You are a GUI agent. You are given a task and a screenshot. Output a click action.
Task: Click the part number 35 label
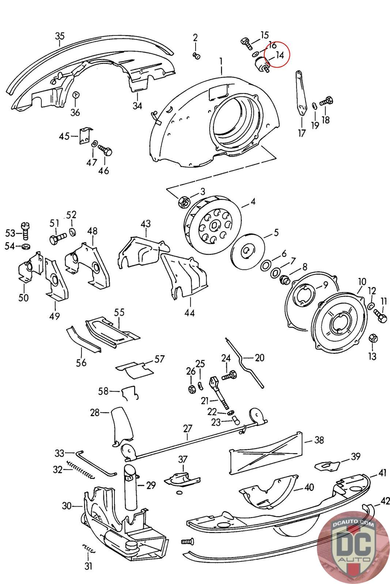point(60,36)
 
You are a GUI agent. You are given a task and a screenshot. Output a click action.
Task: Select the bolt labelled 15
point(246,43)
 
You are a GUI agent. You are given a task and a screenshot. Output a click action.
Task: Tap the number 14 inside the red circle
point(279,55)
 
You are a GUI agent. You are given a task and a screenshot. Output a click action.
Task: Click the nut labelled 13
point(373,338)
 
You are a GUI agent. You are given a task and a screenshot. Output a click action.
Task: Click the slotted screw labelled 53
point(25,231)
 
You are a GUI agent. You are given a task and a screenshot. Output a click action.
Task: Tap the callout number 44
point(189,312)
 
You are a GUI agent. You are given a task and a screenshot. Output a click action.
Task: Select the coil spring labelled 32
point(80,470)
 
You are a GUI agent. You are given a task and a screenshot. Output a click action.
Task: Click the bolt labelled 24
point(229,376)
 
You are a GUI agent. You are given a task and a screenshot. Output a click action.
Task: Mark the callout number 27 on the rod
point(188,429)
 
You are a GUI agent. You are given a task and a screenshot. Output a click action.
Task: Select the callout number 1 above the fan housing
point(221,62)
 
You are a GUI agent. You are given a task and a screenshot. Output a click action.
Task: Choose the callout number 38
point(319,440)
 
